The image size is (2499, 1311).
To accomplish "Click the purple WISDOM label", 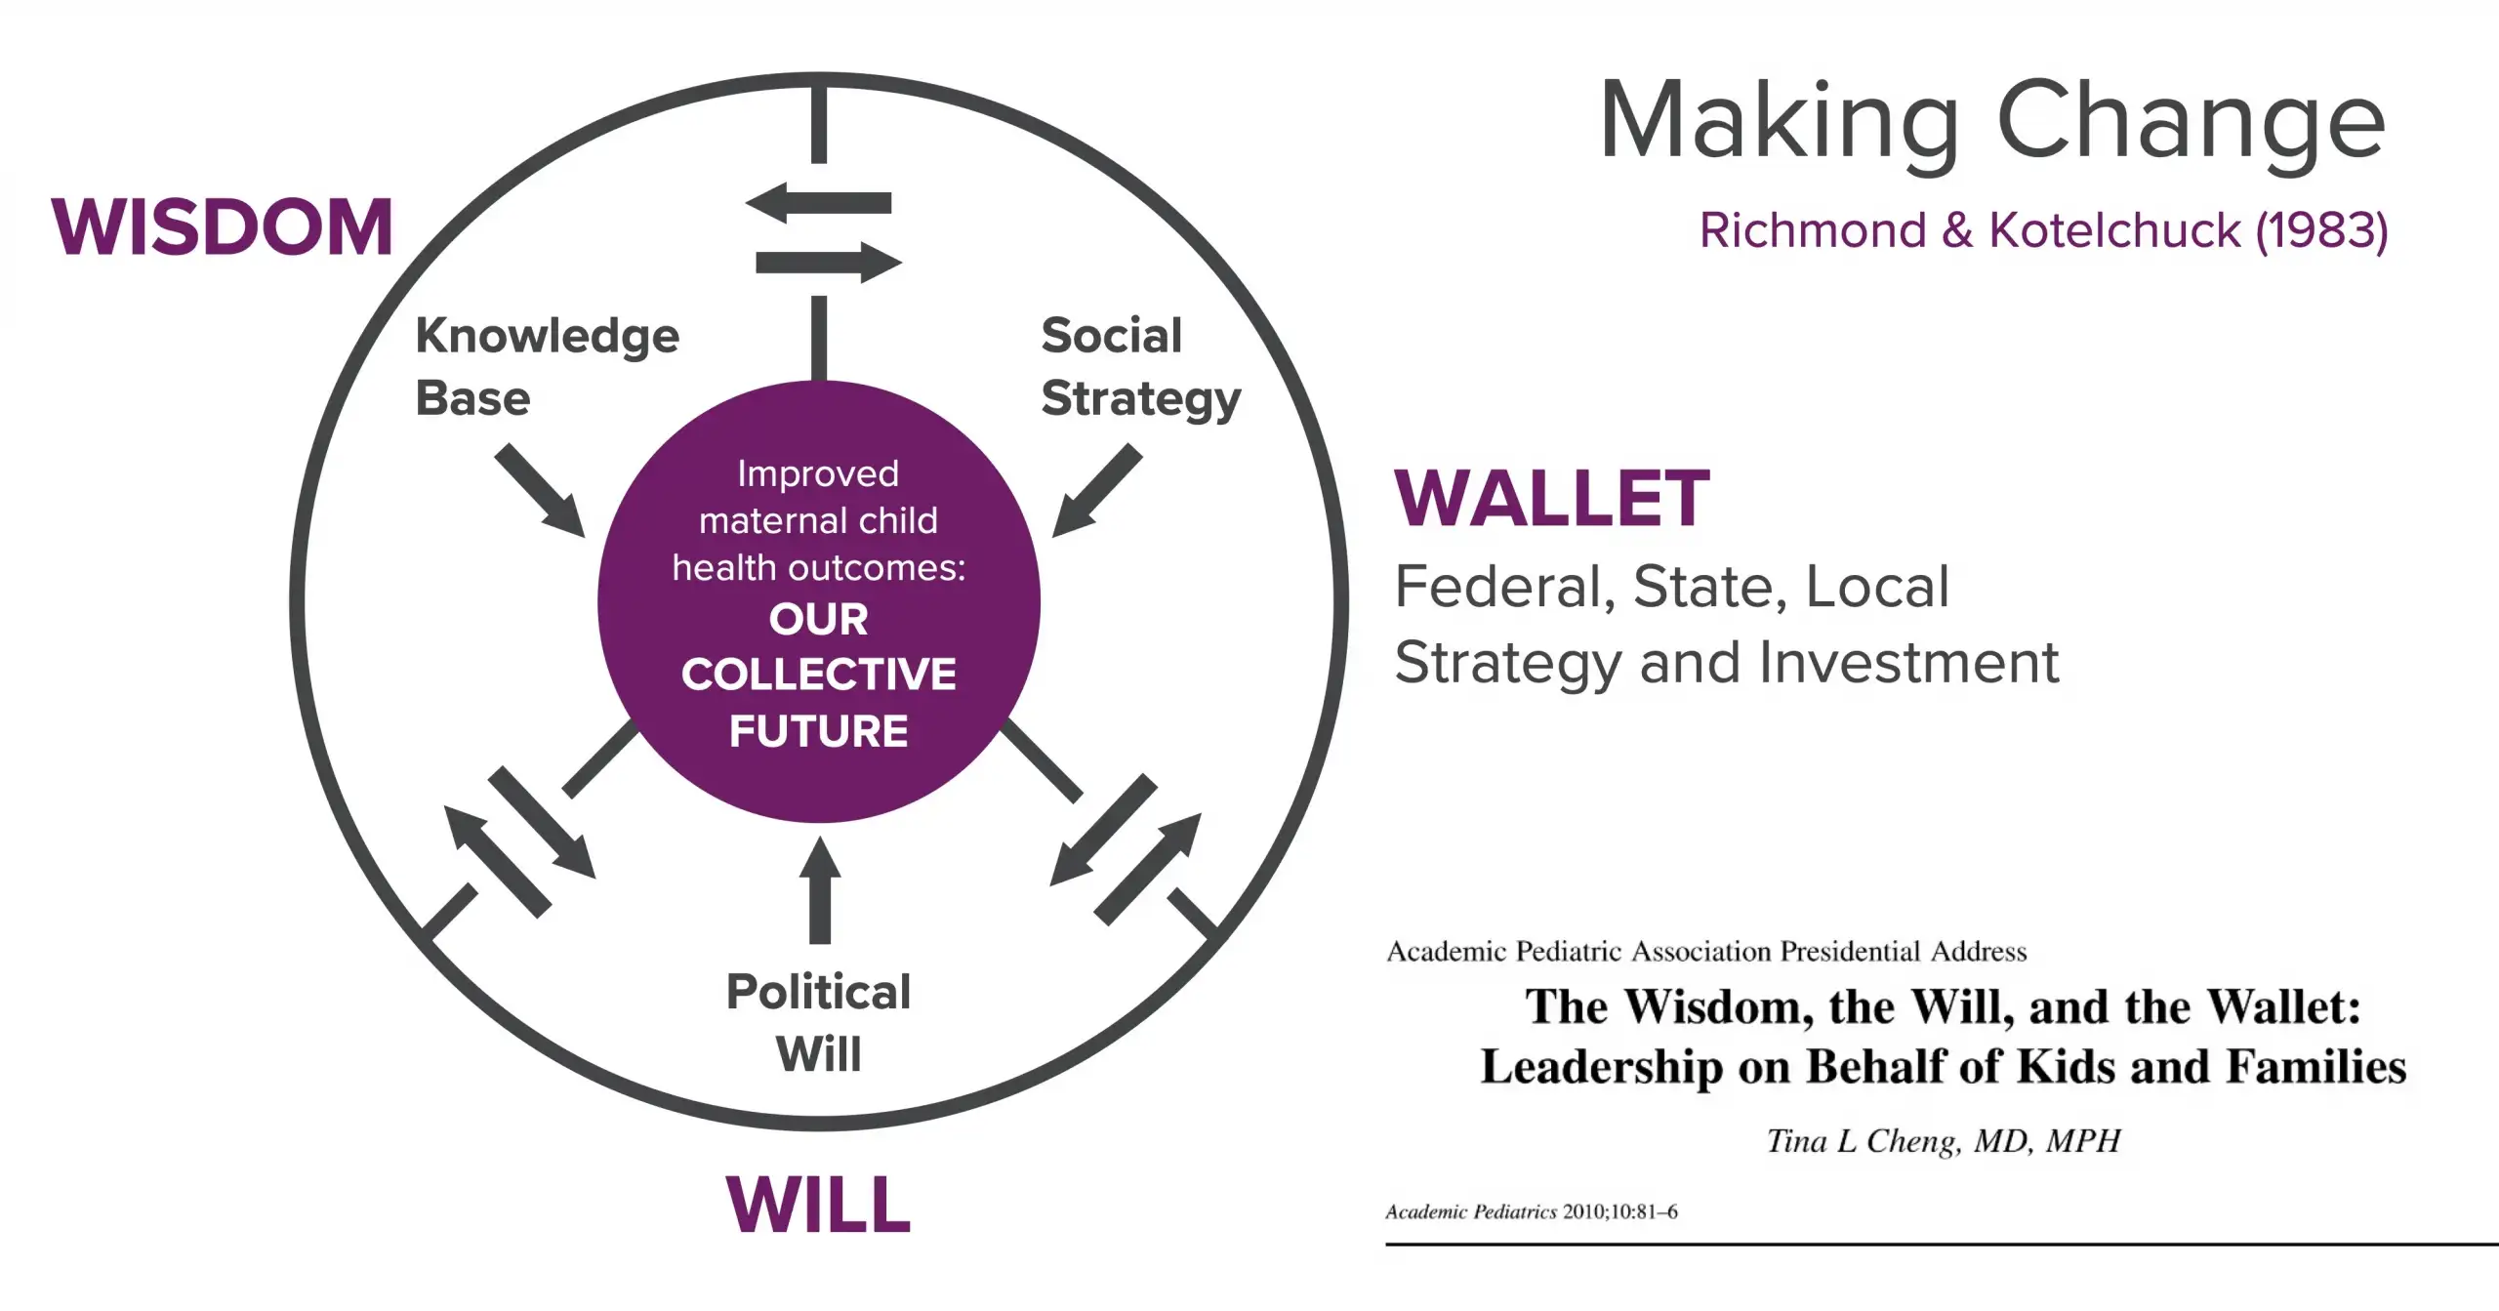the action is [x=222, y=226].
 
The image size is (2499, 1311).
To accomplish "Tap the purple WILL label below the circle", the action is [x=818, y=1204].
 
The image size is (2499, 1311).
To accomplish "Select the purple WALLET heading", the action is [x=1551, y=498].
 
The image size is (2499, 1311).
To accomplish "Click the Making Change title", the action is [x=1992, y=121].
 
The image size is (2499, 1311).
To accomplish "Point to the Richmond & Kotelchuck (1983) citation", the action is [x=2043, y=230].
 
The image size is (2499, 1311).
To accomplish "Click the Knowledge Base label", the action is [x=547, y=367].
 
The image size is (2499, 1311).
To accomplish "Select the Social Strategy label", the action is [x=1140, y=367].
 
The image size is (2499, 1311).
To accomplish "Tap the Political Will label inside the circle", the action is [x=818, y=1022].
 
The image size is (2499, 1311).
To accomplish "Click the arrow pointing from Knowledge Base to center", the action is [x=540, y=491].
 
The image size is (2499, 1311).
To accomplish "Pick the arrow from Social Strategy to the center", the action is [x=1096, y=490].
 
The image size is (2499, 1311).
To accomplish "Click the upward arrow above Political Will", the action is [x=820, y=890].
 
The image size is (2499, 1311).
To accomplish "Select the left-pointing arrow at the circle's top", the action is [x=818, y=203].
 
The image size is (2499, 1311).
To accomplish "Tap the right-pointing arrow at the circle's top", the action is [x=829, y=263].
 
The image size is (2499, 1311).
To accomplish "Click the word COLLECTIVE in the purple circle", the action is [x=818, y=674].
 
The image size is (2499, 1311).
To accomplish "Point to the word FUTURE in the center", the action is [x=818, y=731].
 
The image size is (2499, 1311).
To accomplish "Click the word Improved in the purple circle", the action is [x=818, y=474].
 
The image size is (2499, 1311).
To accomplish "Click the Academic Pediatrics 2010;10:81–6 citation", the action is [x=1532, y=1211].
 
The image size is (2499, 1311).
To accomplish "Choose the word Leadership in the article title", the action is [x=1601, y=1066].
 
